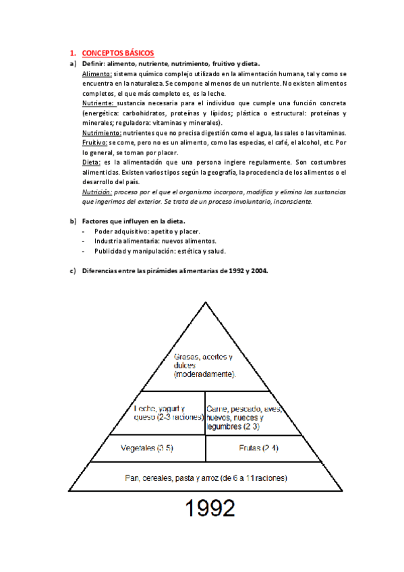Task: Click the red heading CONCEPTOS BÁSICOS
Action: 117,53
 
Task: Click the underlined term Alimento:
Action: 96,73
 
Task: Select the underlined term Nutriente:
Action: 98,103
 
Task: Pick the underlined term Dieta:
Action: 91,163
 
